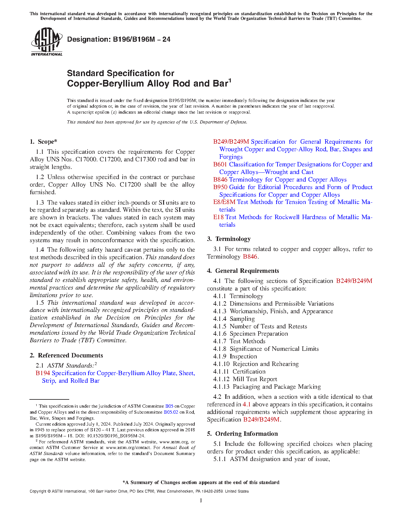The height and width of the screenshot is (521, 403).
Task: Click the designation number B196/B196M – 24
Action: click(119, 39)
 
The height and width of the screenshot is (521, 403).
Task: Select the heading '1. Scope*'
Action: click(44, 142)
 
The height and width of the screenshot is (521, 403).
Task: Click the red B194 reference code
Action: click(43, 373)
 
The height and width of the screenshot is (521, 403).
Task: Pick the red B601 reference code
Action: click(220, 165)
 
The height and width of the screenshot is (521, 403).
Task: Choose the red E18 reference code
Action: click(218, 217)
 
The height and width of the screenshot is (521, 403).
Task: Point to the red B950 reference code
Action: click(220, 187)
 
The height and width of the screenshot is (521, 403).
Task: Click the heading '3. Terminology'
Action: click(229, 239)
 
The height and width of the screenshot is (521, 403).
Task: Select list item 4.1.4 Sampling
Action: click(234, 319)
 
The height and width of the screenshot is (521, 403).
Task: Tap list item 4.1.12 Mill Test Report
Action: click(245, 379)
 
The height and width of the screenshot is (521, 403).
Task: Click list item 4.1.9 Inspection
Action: click(235, 356)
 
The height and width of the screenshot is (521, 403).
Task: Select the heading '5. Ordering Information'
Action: click(242, 434)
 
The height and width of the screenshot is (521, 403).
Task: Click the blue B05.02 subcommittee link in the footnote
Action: click(171, 412)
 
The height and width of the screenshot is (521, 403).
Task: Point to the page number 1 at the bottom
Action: click(201, 500)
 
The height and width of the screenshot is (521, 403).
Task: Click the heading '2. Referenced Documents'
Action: click(66, 356)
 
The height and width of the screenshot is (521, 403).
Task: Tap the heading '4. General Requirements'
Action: click(243, 271)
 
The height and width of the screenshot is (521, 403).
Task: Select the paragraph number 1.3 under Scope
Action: click(40, 203)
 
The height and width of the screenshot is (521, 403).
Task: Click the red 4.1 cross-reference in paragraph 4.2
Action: click(246, 404)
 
